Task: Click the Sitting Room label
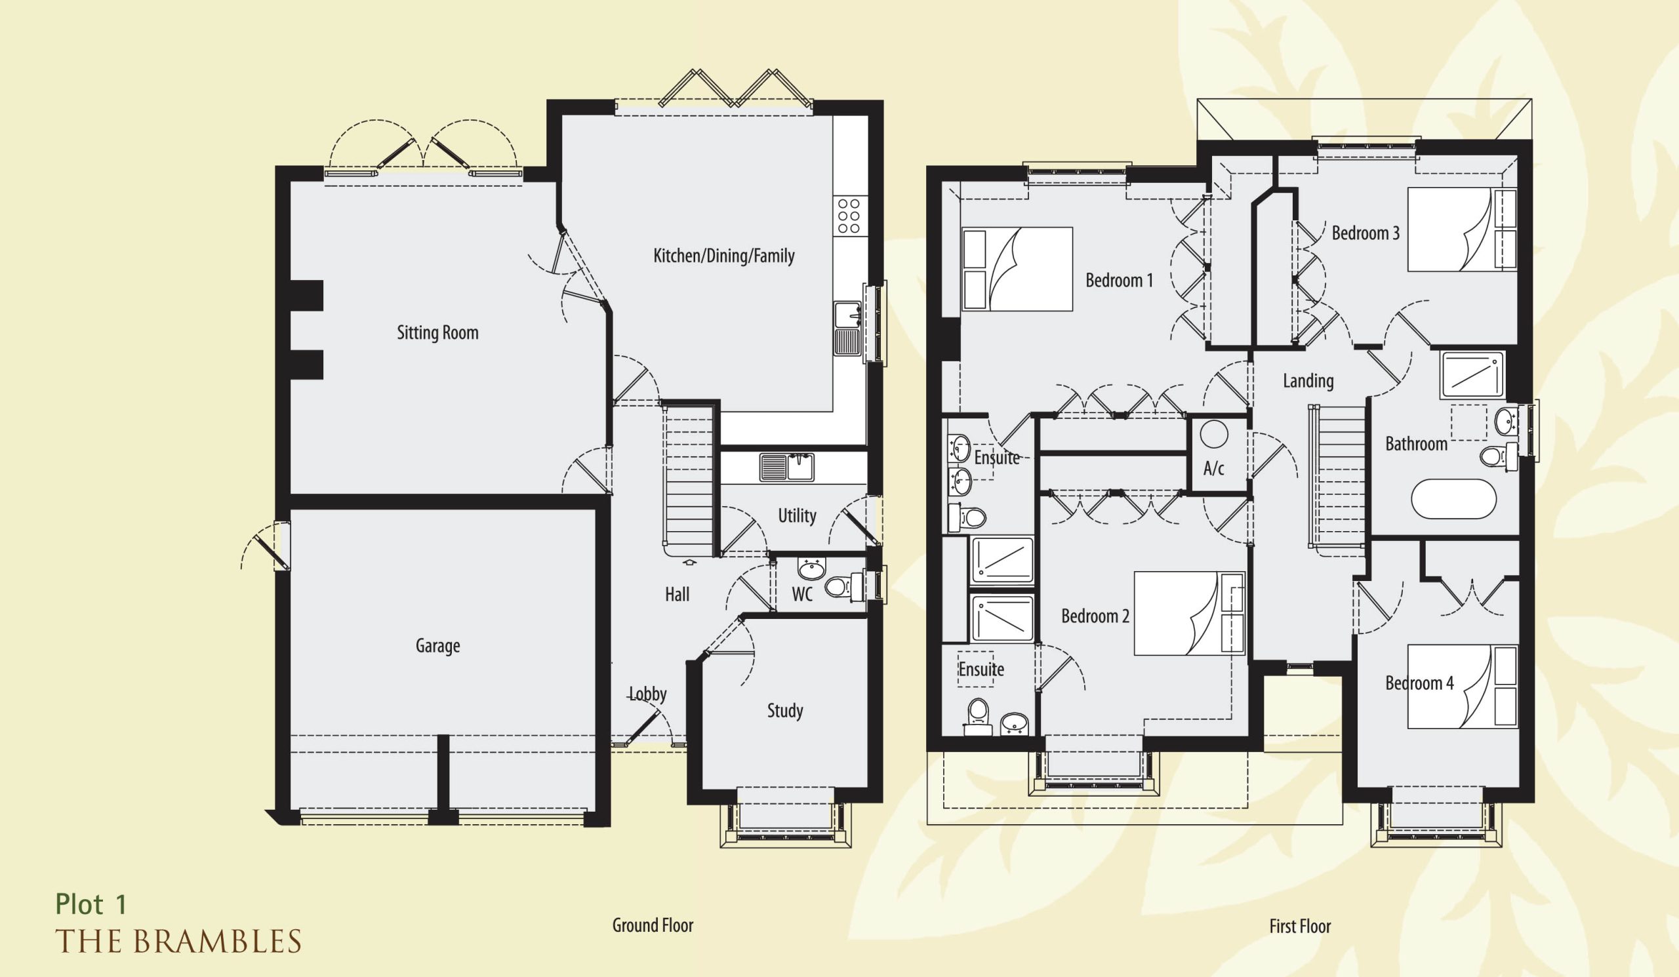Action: pyautogui.click(x=437, y=332)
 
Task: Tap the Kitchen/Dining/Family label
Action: pyautogui.click(x=723, y=256)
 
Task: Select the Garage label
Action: pyautogui.click(x=437, y=645)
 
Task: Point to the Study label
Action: pyautogui.click(x=785, y=711)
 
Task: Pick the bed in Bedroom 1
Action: pyautogui.click(x=1017, y=269)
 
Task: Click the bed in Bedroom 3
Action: pyautogui.click(x=1462, y=229)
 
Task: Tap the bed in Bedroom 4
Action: pyautogui.click(x=1463, y=687)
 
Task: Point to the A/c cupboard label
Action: pyautogui.click(x=1213, y=469)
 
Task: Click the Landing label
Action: pyautogui.click(x=1308, y=381)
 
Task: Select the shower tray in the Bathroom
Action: pyautogui.click(x=1471, y=375)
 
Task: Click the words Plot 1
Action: pyautogui.click(x=91, y=904)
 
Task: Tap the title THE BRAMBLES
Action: pyautogui.click(x=178, y=942)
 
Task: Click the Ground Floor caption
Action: pyautogui.click(x=653, y=926)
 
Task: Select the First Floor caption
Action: pyautogui.click(x=1300, y=927)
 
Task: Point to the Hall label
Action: pyautogui.click(x=677, y=594)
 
